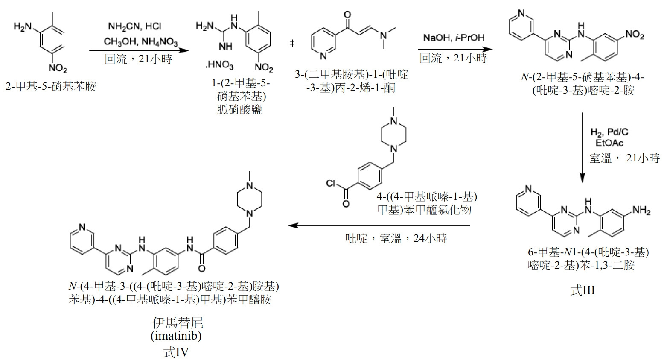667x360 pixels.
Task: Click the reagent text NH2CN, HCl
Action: point(134,27)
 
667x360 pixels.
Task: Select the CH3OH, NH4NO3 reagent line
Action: point(140,41)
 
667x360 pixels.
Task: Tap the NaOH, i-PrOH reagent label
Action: point(454,38)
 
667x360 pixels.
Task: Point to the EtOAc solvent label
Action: point(609,143)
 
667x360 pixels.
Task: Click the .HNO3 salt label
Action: point(220,65)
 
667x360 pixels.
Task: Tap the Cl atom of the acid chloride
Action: point(331,183)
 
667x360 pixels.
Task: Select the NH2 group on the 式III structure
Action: point(641,211)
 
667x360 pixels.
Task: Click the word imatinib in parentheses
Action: point(176,336)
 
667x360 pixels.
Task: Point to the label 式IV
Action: point(176,352)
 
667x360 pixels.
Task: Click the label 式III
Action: point(583,290)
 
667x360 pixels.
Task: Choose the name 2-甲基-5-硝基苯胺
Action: point(51,86)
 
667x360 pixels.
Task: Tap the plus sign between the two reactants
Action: point(292,44)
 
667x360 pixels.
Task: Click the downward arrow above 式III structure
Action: point(583,147)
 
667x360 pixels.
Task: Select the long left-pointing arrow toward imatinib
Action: point(379,225)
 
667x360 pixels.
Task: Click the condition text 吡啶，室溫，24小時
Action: point(396,238)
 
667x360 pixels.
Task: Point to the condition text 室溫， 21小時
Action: point(625,158)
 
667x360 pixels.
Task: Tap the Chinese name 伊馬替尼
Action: point(178,322)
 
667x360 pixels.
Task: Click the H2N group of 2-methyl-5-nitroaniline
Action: point(22,27)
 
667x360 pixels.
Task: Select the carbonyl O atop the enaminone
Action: point(347,14)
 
